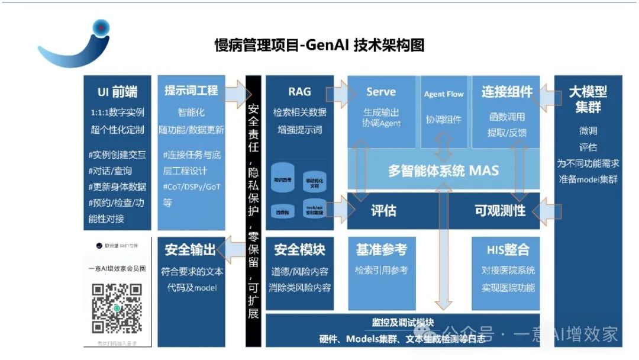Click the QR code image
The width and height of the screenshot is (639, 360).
118,308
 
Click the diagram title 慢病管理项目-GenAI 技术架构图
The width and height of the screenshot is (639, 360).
319,46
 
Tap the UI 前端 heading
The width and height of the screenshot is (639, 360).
117,92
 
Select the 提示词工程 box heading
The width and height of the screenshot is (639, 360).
191,91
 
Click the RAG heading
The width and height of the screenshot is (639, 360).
299,92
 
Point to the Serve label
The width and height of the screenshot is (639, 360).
381,92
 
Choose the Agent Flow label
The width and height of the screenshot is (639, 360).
444,94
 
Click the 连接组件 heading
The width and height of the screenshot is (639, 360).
507,92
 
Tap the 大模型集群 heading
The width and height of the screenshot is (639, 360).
588,99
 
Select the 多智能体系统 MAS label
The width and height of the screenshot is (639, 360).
443,171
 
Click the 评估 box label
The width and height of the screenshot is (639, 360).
383,210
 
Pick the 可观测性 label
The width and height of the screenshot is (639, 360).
500,210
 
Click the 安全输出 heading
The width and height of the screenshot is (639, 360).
191,250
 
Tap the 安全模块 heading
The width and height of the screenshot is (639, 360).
299,250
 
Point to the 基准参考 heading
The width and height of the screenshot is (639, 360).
381,250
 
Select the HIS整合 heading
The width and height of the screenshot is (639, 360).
508,250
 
